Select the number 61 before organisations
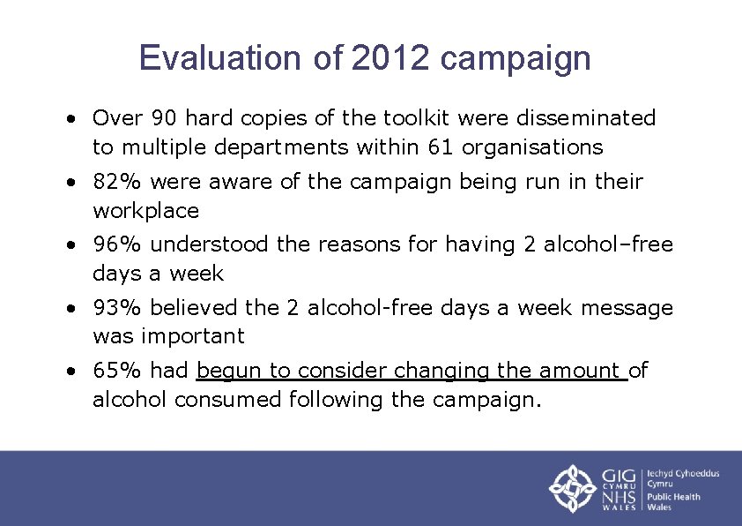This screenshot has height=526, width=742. tap(442, 147)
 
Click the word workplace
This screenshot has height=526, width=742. tap(146, 211)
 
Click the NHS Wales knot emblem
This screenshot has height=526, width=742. tap(573, 489)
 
